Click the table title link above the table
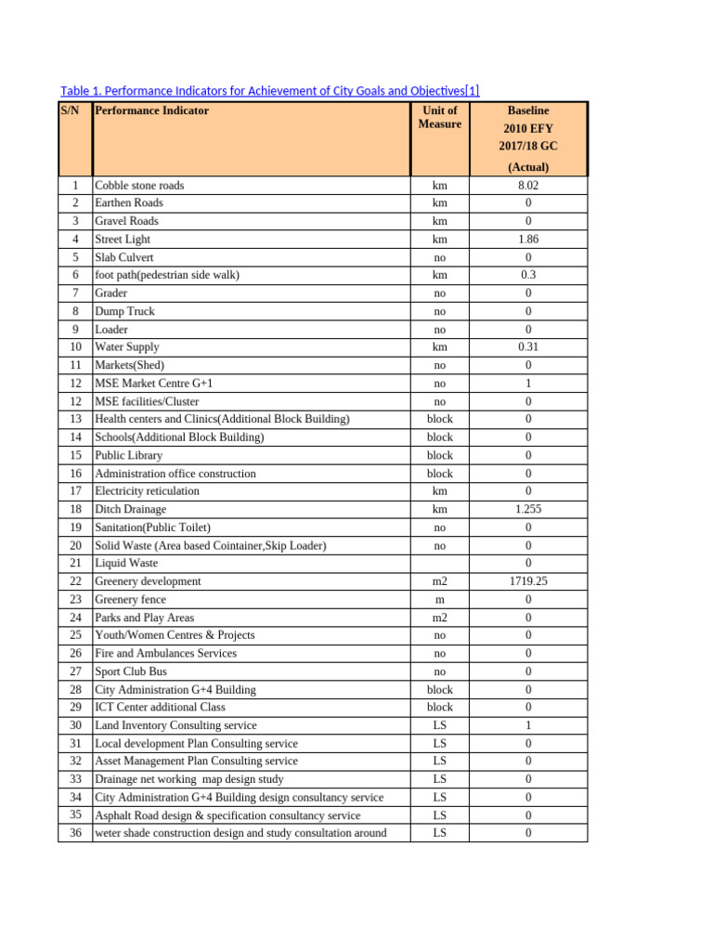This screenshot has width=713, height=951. pyautogui.click(x=269, y=91)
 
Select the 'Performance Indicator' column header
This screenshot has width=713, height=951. pyautogui.click(x=152, y=111)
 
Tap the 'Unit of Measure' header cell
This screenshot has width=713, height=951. pyautogui.click(x=439, y=117)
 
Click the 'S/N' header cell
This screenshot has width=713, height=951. pyautogui.click(x=71, y=111)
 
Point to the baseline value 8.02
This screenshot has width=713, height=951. pyautogui.click(x=528, y=185)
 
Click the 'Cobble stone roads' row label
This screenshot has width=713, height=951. pyautogui.click(x=139, y=185)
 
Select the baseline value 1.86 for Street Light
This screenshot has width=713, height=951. pyautogui.click(x=528, y=239)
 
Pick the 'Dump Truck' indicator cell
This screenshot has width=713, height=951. pyautogui.click(x=125, y=311)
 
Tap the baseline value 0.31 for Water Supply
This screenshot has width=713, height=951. pyautogui.click(x=528, y=347)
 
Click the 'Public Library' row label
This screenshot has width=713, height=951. pyautogui.click(x=129, y=455)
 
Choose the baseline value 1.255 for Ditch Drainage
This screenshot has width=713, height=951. pyautogui.click(x=528, y=509)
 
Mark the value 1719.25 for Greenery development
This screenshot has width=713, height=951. pyautogui.click(x=528, y=581)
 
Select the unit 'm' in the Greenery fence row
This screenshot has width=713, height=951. pyautogui.click(x=439, y=599)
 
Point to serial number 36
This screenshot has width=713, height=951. pyautogui.click(x=75, y=833)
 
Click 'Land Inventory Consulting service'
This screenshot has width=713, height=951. pyautogui.click(x=176, y=725)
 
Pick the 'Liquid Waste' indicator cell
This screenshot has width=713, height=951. pyautogui.click(x=126, y=563)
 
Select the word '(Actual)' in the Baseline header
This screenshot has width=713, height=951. pyautogui.click(x=528, y=167)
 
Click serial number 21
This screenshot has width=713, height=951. pyautogui.click(x=75, y=563)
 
